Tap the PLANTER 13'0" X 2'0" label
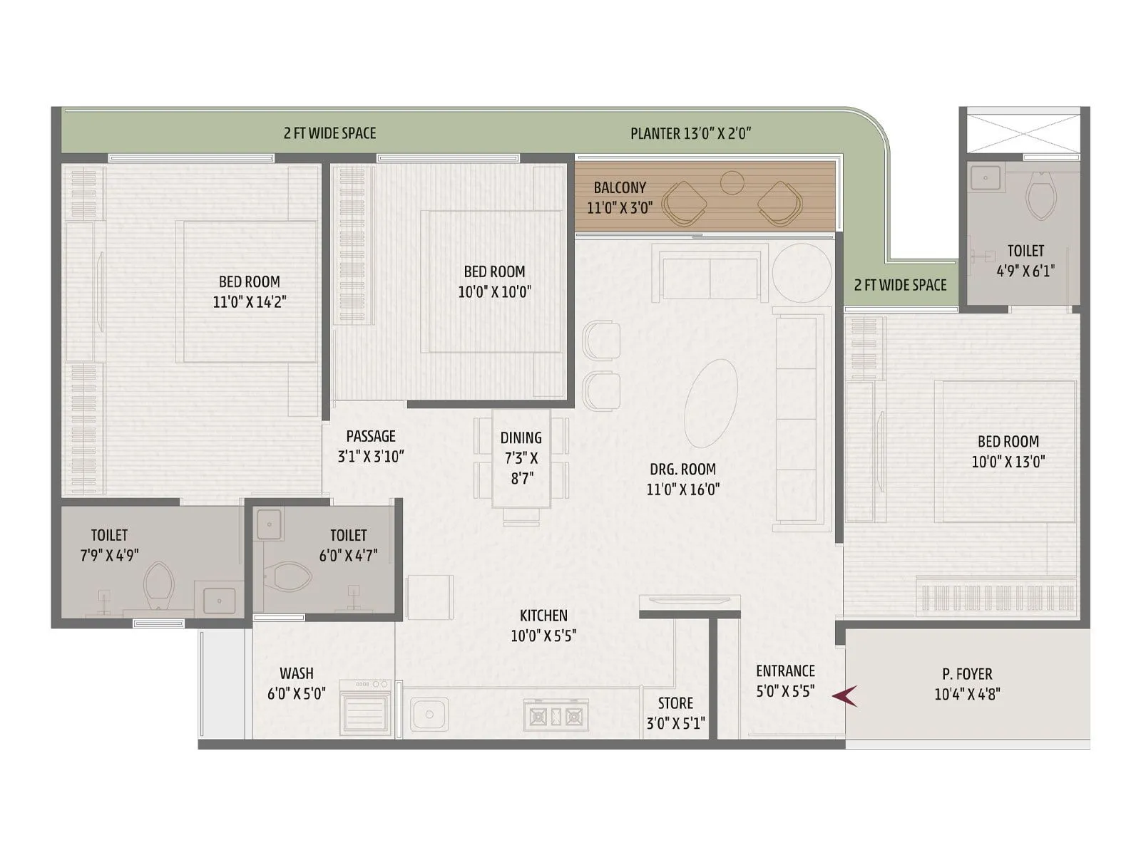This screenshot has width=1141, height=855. (691, 133)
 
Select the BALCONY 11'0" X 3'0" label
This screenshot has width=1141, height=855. (619, 197)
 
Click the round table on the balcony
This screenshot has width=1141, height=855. (732, 183)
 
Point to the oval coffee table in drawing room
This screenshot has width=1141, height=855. (710, 403)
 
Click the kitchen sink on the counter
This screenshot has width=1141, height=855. (429, 714)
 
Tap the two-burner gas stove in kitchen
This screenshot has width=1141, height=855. (555, 715)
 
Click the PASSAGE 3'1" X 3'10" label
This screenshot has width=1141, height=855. (370, 446)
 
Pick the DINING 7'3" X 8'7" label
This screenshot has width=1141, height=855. (521, 457)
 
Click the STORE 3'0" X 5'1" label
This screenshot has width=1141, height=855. (675, 712)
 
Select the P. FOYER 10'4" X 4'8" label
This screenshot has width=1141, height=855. (967, 683)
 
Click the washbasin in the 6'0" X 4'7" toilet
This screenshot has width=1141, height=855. (270, 525)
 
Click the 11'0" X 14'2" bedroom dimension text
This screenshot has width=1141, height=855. (249, 301)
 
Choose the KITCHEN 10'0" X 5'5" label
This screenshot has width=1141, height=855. (543, 625)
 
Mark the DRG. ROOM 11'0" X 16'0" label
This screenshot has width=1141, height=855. (682, 479)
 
